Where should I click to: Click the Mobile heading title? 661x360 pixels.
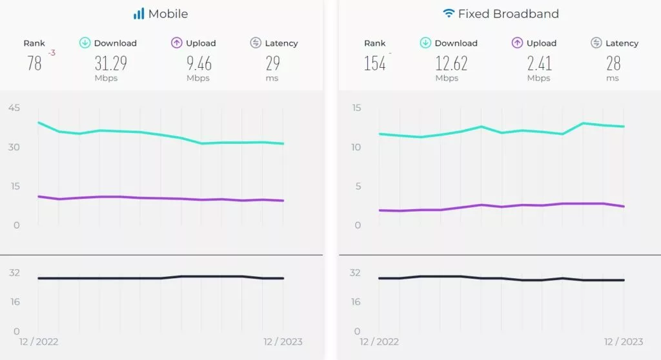[x=168, y=14]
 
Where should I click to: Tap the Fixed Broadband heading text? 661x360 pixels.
[x=508, y=14]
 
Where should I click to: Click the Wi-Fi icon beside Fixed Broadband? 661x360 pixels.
[x=448, y=14]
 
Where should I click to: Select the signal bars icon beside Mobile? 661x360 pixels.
[x=139, y=14]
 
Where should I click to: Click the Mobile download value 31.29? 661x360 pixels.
[x=110, y=63]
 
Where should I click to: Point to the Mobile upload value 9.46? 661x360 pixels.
[x=198, y=63]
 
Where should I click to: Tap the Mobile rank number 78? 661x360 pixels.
[x=35, y=63]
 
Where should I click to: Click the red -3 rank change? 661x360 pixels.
[x=52, y=53]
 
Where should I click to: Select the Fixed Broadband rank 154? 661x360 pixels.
[x=374, y=63]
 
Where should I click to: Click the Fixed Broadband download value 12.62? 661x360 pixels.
[x=451, y=63]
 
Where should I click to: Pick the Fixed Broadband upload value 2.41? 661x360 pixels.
[x=538, y=63]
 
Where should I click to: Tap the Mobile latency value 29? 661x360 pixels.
[x=272, y=63]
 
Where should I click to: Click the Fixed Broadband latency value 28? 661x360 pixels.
[x=613, y=63]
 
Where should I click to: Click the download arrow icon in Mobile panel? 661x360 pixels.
[x=85, y=43]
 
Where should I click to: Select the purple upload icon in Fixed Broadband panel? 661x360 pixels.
[x=517, y=43]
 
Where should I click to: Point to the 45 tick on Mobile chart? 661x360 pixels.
[x=14, y=108]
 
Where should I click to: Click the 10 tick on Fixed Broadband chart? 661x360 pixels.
[x=356, y=147]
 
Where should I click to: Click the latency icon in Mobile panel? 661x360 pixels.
[x=256, y=43]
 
